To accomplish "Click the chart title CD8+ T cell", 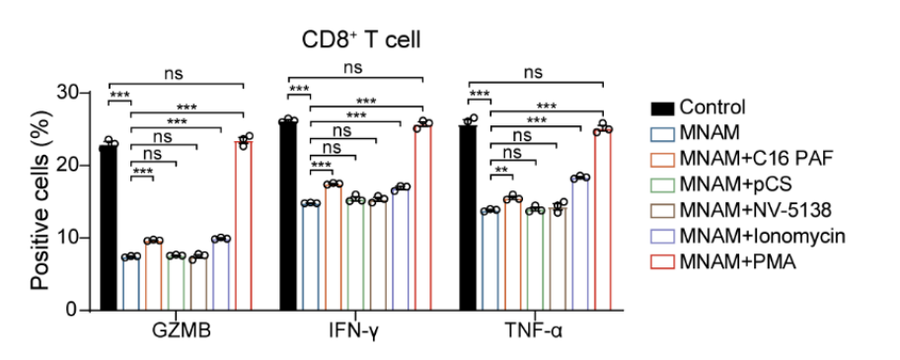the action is click(361, 40).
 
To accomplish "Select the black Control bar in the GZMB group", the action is click(109, 228).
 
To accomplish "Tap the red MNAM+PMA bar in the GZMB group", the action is click(244, 226).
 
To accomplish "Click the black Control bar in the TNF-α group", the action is click(468, 218).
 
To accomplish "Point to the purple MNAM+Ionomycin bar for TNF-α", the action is click(580, 245).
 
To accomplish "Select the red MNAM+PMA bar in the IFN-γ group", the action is click(423, 218).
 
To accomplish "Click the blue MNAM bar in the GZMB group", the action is click(131, 283).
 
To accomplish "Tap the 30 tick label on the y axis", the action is click(73, 93).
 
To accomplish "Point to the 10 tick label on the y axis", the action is click(73, 238).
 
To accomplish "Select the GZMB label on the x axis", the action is click(181, 333).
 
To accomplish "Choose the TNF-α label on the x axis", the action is click(536, 333).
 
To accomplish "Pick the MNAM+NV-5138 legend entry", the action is click(740, 210).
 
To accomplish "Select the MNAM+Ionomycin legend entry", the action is click(748, 236).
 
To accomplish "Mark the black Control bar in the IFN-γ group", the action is click(288, 216).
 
